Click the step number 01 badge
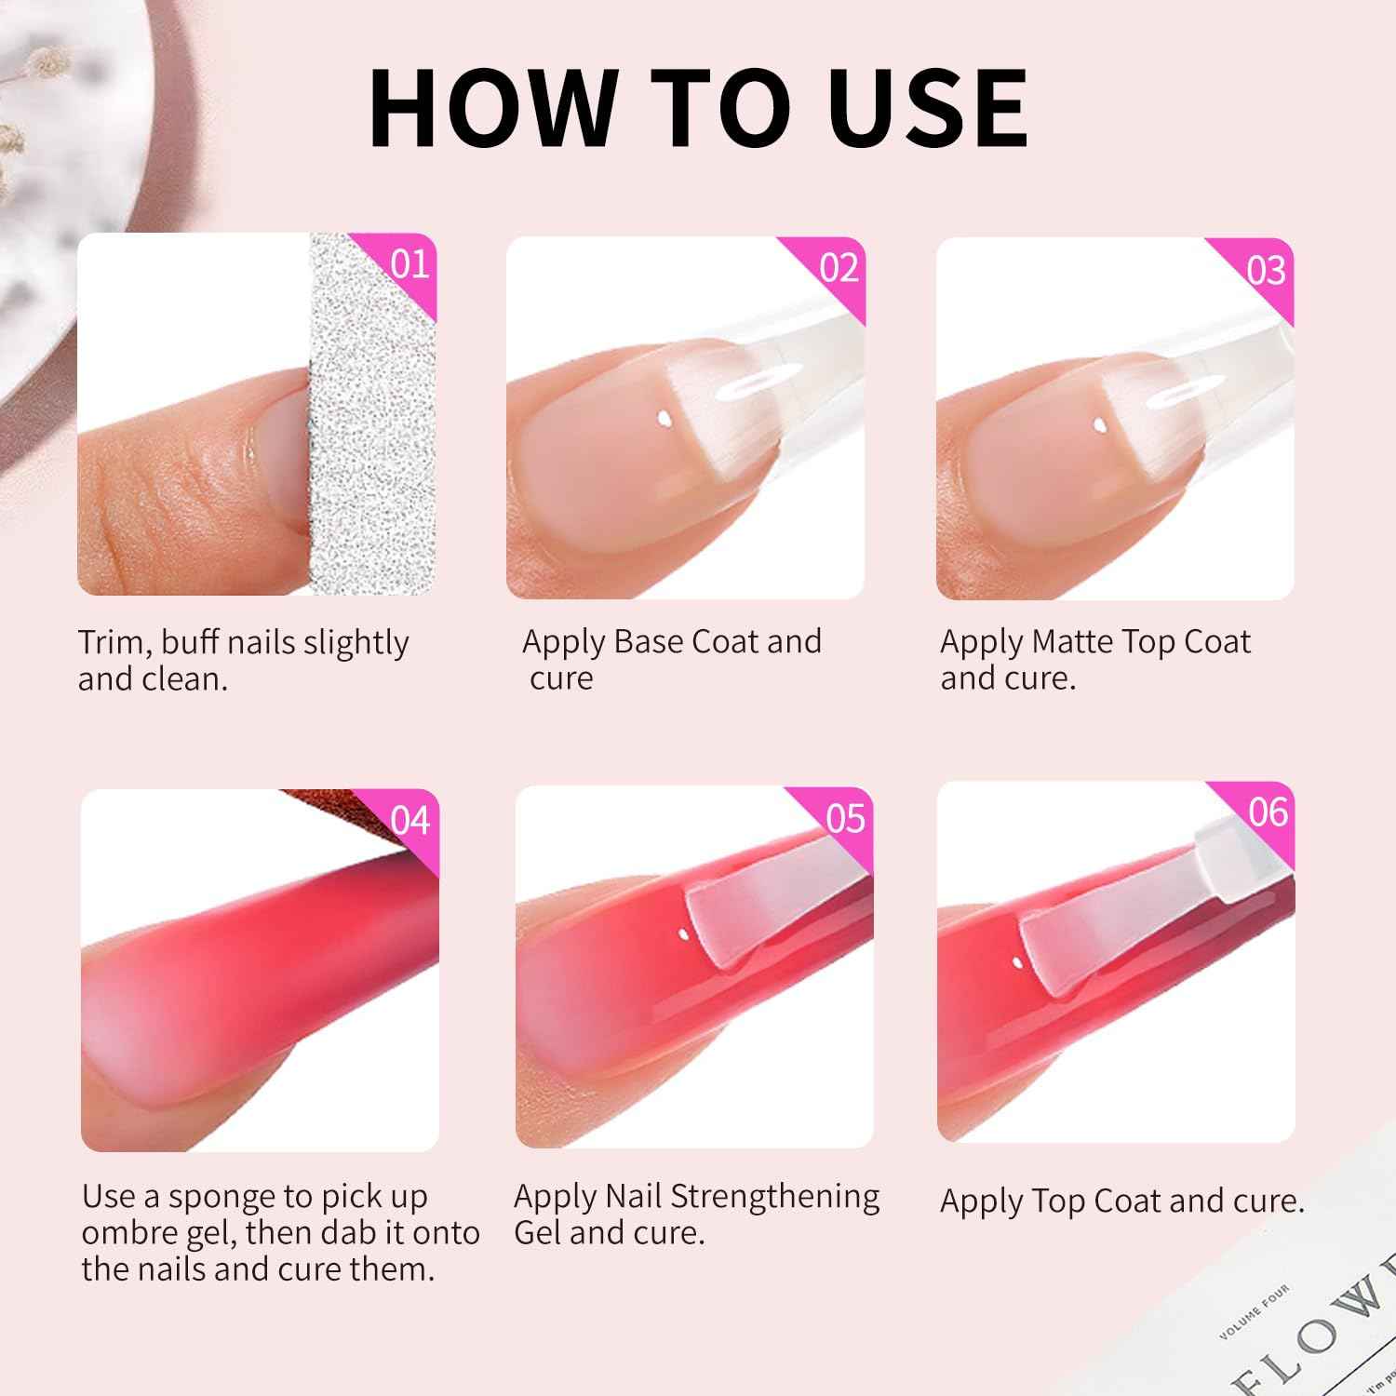(409, 264)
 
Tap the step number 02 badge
(839, 268)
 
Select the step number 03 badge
(1267, 270)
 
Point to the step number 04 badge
(410, 821)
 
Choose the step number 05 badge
(845, 818)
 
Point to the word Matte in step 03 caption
(1072, 642)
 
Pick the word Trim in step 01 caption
(112, 643)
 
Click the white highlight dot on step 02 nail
(663, 419)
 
